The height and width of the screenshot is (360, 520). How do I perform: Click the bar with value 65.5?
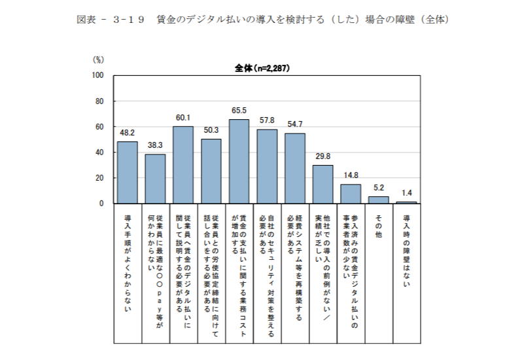239,162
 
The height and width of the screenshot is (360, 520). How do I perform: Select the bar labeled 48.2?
127,173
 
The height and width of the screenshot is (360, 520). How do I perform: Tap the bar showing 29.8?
322,184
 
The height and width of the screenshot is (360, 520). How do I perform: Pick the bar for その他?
378,200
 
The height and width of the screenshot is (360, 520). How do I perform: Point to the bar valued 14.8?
351,194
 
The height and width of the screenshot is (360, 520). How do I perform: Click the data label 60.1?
183,118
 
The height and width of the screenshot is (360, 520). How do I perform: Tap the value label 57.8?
267,121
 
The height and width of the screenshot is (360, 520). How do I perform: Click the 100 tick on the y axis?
98,76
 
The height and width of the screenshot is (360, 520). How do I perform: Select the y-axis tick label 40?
100,153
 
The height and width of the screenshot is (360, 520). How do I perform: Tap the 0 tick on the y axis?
102,204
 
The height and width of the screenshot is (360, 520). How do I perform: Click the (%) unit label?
99,59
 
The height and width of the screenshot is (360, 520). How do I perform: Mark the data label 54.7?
295,124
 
